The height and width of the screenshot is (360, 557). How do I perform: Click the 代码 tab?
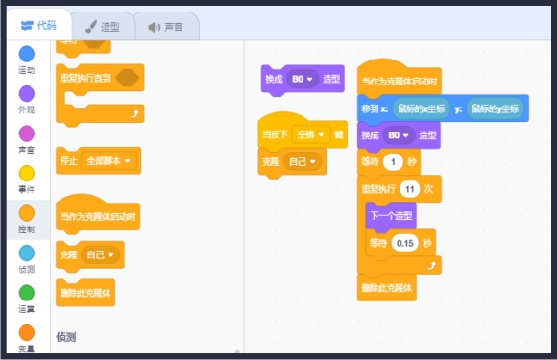38,25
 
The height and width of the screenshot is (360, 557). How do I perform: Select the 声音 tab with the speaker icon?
165,26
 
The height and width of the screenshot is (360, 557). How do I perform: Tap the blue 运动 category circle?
27,54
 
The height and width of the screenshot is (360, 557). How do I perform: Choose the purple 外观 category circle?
27,93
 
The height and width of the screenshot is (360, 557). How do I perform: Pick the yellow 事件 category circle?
27,173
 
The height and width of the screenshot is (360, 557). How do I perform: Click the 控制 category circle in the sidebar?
27,213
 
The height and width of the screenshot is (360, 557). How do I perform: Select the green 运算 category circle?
27,293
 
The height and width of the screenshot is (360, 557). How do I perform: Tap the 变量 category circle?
27,332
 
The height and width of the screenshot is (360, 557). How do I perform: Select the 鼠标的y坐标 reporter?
496,109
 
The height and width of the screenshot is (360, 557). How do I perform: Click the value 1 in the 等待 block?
394,162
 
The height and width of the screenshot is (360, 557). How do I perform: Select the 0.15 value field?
405,243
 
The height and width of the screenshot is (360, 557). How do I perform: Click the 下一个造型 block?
391,217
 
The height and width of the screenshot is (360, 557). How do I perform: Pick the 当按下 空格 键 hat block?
274,134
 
